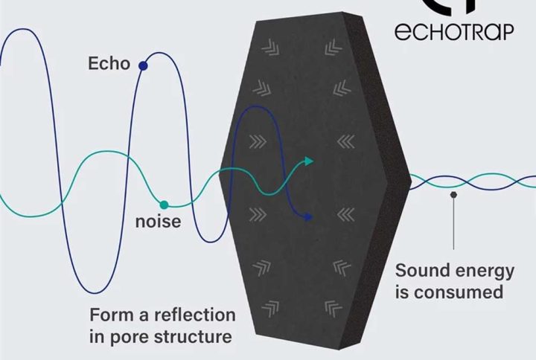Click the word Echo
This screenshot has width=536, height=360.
109,63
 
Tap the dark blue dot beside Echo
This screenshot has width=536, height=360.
143,66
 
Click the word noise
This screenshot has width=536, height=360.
159,222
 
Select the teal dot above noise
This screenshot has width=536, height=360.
164,205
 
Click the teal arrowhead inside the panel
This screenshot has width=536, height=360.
309,161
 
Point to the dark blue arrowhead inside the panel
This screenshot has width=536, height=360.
308,217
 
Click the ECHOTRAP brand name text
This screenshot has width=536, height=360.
454,32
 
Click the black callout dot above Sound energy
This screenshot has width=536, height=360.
453,195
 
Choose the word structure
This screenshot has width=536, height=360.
193,337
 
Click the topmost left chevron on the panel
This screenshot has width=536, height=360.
271,47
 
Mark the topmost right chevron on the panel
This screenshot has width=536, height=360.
333,48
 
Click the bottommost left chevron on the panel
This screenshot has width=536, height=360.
271,309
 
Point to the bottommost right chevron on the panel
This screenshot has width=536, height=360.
333,309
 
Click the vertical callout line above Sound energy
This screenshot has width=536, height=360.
453,224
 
